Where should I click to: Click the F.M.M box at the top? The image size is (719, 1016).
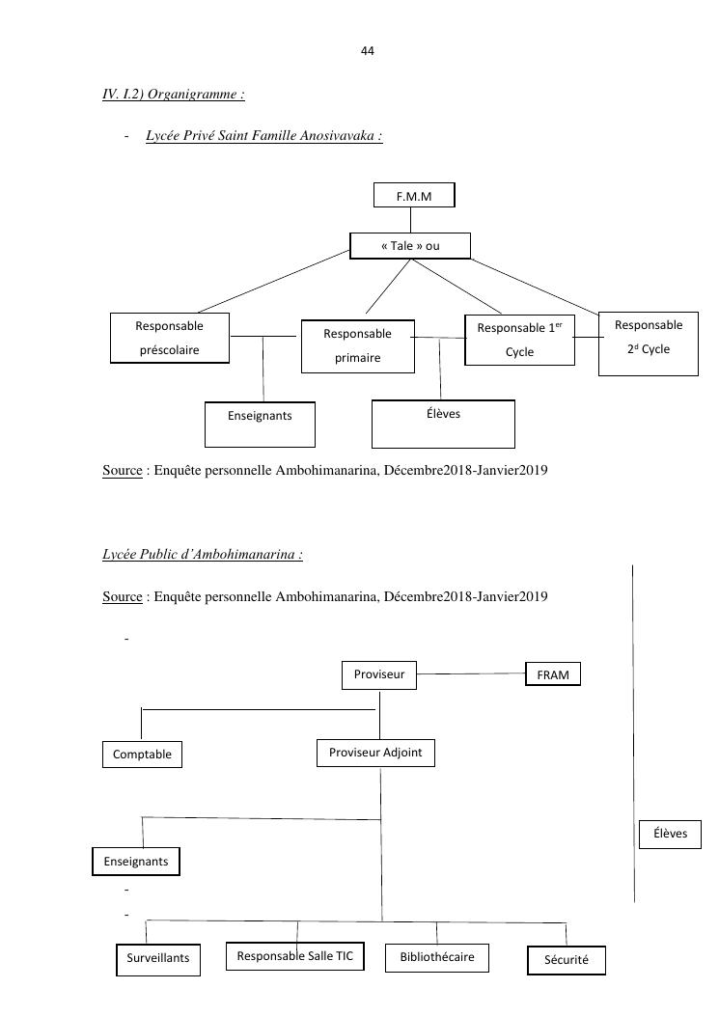[413, 196]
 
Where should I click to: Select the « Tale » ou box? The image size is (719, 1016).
[410, 246]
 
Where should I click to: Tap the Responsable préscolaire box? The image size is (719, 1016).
[169, 338]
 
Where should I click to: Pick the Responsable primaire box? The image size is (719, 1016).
[357, 345]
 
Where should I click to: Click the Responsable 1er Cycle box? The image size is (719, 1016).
[519, 340]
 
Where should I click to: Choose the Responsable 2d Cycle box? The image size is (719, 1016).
[648, 337]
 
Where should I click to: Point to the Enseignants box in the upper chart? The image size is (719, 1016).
[260, 425]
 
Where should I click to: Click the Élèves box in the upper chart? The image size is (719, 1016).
[443, 423]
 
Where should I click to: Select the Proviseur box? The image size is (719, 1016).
[379, 675]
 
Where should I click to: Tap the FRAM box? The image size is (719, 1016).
[553, 674]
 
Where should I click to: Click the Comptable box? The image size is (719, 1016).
[142, 755]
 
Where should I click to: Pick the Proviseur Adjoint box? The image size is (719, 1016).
[375, 753]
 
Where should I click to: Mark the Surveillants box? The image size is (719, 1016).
[158, 959]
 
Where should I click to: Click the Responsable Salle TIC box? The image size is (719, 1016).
[295, 956]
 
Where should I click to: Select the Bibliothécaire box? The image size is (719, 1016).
[436, 957]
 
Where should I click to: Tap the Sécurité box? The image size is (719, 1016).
[567, 961]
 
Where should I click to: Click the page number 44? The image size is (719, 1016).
[367, 51]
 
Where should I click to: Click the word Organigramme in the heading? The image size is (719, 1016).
[193, 95]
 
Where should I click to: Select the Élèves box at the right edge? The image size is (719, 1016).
[670, 834]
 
